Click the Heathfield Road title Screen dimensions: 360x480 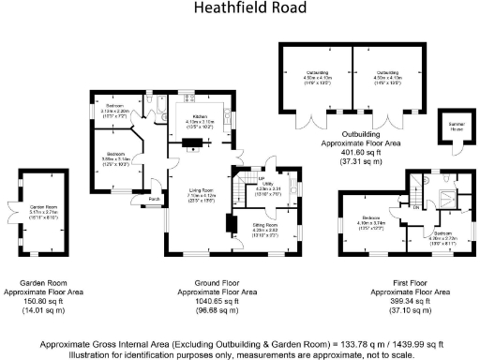pyautogui.click(x=249, y=8)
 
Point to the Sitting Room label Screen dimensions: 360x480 pyautogui.click(x=265, y=226)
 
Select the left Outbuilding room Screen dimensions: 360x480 pyautogui.click(x=316, y=74)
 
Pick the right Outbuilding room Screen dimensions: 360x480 pyautogui.click(x=387, y=74)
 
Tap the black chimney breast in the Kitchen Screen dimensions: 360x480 pyautogui.click(x=192, y=143)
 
